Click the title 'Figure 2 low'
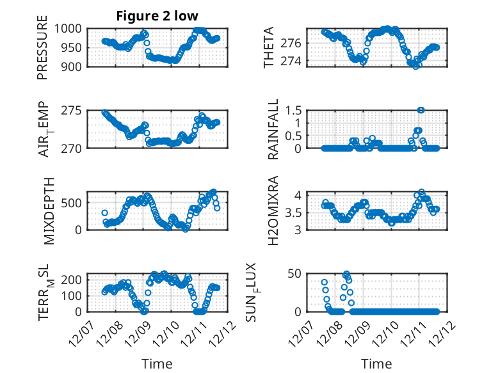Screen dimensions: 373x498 point(157,16)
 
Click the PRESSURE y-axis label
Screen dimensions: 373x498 point(42,52)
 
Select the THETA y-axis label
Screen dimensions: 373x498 point(269,47)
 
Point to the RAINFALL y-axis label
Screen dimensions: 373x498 point(273,129)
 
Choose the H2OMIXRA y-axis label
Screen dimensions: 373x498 point(273,210)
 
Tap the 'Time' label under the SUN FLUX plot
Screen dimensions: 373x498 point(377,363)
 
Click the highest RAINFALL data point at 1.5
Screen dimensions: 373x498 point(421,110)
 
